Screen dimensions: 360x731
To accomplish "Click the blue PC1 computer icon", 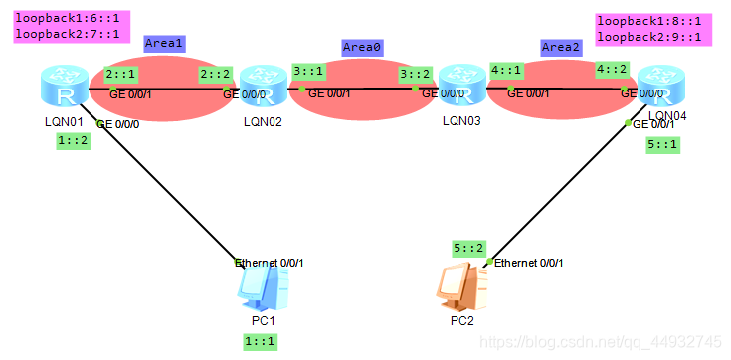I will point(263,290).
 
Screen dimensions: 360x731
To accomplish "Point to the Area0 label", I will point(362,47).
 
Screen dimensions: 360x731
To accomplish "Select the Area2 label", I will point(561,47).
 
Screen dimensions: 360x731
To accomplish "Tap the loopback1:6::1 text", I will point(67,19).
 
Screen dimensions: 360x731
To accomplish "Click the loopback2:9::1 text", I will point(649,37).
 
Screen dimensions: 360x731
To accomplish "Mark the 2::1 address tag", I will point(120,74).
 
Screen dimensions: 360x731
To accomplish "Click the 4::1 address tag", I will point(506,71).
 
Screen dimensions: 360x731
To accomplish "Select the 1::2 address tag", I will point(74,140).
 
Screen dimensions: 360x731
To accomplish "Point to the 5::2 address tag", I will point(467,248).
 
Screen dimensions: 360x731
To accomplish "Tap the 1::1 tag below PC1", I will point(260,341).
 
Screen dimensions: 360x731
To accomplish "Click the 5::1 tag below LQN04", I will point(662,144).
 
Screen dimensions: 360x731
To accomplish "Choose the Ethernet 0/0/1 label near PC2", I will point(528,264).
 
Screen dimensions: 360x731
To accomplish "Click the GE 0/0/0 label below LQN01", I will point(118,125).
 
